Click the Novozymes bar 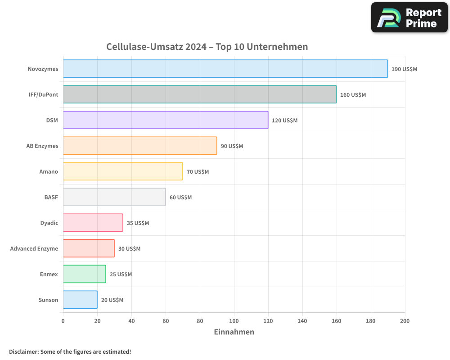pyautogui.click(x=225, y=69)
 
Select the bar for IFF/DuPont pyautogui.click(x=199, y=94)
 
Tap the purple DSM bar pyautogui.click(x=165, y=120)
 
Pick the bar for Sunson pyautogui.click(x=80, y=300)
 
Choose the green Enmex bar pyautogui.click(x=84, y=274)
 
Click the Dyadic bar pyautogui.click(x=93, y=223)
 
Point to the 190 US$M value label pyautogui.click(x=404, y=69)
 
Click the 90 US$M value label pyautogui.click(x=232, y=146)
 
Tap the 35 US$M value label pyautogui.click(x=138, y=223)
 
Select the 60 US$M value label pyautogui.click(x=180, y=198)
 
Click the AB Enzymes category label pyautogui.click(x=42, y=146)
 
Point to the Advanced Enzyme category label pyautogui.click(x=34, y=248)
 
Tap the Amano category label pyautogui.click(x=49, y=171)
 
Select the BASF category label pyautogui.click(x=51, y=197)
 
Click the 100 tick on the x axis pyautogui.click(x=234, y=321)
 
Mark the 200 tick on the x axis pyautogui.click(x=405, y=321)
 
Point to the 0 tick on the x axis pyautogui.click(x=63, y=321)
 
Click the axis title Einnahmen pyautogui.click(x=234, y=332)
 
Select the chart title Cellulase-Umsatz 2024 pyautogui.click(x=207, y=47)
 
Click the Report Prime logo pyautogui.click(x=409, y=18)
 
